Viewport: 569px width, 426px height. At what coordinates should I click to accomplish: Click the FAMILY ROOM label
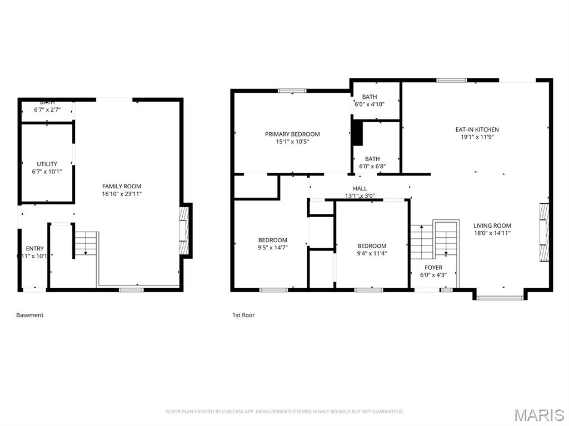click(x=121, y=186)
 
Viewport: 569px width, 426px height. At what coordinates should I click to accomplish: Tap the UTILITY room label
click(x=47, y=164)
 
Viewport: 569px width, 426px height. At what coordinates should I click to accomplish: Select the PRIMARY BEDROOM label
click(x=292, y=134)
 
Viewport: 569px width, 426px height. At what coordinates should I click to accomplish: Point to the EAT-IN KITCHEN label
click(x=477, y=129)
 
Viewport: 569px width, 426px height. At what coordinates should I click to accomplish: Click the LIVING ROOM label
click(x=492, y=225)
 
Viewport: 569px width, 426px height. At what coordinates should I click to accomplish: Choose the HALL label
click(x=360, y=188)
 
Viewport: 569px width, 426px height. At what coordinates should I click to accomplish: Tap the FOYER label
click(x=433, y=267)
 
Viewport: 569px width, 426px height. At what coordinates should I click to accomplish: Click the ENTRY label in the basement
click(x=34, y=248)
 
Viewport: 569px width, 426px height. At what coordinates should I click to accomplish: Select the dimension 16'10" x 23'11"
click(x=121, y=194)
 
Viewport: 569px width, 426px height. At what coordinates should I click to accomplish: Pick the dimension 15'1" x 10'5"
click(x=292, y=142)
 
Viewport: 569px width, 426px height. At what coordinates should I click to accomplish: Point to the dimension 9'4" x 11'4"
click(x=372, y=253)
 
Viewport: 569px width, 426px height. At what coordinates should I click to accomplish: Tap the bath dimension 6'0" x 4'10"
click(x=370, y=104)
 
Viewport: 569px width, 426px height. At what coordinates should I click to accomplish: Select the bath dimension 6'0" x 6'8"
click(x=372, y=166)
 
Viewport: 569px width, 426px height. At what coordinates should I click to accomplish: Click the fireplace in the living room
click(x=544, y=232)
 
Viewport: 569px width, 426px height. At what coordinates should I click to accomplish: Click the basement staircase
click(x=86, y=243)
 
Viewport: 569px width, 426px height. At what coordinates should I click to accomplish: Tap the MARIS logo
click(x=538, y=415)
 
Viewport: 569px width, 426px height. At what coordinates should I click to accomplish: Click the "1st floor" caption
click(x=243, y=315)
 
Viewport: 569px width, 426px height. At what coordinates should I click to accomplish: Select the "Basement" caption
click(x=29, y=315)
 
